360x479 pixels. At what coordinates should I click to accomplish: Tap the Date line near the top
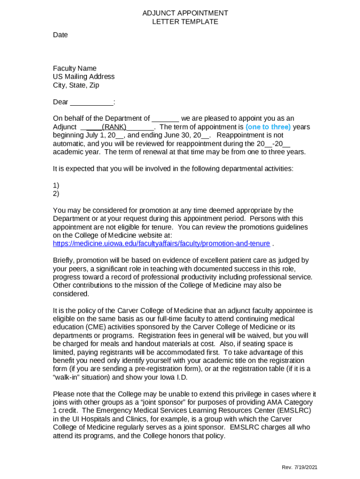60,35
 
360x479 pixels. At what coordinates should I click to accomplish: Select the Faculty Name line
75,69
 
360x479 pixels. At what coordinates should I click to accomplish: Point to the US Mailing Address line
84,77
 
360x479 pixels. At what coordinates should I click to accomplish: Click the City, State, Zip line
76,86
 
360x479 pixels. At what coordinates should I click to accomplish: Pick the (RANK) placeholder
114,127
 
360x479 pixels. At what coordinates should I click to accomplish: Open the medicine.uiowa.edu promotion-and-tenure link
161,244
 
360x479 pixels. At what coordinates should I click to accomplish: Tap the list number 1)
56,185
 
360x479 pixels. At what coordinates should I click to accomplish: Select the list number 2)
56,194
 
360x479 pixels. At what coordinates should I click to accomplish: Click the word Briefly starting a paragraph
64,261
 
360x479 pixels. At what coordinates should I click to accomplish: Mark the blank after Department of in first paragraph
166,119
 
